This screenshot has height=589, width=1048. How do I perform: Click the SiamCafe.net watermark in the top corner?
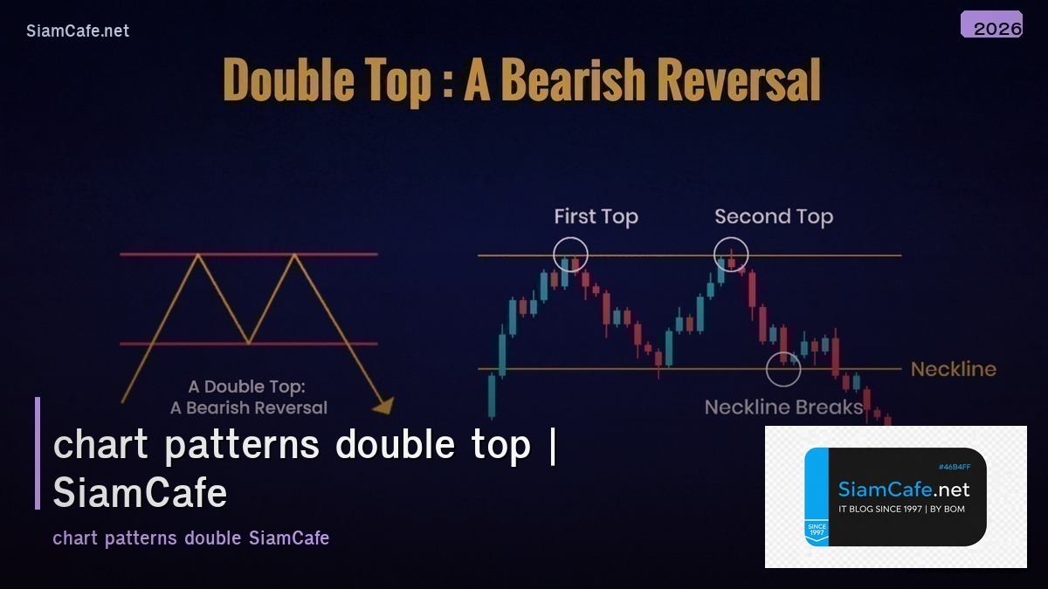[78, 31]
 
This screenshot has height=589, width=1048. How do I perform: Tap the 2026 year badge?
[992, 26]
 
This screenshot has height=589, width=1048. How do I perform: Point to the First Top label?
[596, 216]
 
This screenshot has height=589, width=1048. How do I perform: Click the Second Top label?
[774, 216]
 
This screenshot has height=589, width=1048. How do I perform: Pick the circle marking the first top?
[570, 253]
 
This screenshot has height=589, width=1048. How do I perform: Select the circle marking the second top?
[732, 253]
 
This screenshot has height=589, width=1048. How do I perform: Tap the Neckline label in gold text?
[954, 369]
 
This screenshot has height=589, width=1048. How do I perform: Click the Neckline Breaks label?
[783, 408]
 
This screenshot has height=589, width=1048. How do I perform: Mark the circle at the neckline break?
[783, 368]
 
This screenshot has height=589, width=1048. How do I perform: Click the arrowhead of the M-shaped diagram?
[384, 405]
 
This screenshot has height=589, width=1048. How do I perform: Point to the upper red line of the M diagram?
[249, 254]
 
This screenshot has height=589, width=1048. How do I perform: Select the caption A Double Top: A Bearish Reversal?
[249, 397]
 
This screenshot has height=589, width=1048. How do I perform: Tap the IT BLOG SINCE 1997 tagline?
[901, 509]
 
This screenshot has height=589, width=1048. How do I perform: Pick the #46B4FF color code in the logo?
[955, 467]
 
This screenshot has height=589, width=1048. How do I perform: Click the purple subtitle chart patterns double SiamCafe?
[190, 538]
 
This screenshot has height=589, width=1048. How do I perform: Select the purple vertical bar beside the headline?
[38, 453]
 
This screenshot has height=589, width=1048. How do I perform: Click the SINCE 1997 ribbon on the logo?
[816, 529]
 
